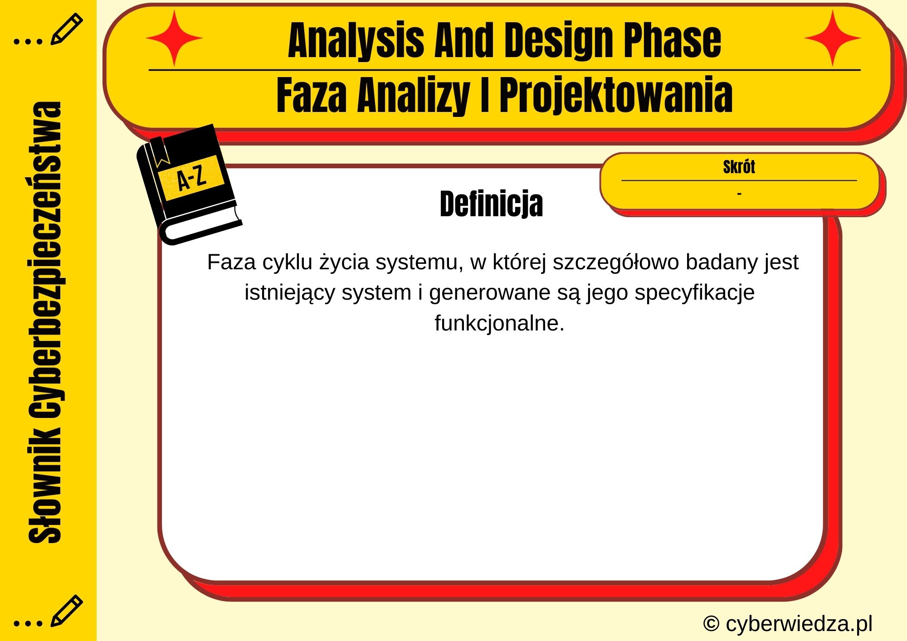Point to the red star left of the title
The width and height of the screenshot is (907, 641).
click(174, 39)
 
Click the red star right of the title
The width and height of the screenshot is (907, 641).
click(833, 39)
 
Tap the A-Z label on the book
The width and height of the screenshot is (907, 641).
click(191, 178)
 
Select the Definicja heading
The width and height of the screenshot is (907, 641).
click(491, 204)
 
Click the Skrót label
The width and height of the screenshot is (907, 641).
click(739, 167)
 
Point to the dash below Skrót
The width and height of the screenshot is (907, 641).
click(739, 194)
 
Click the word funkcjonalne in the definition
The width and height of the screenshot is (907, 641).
click(499, 323)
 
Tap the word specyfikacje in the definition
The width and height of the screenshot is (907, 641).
click(694, 293)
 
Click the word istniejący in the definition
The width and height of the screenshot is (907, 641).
click(290, 293)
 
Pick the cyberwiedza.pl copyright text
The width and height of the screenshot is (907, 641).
click(788, 624)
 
